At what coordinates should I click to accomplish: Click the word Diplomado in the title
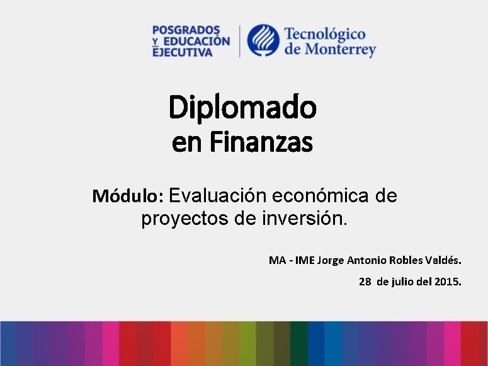(242, 108)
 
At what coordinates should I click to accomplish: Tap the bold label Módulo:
(128, 197)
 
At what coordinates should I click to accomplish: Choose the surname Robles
(408, 260)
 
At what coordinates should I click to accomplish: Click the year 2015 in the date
(448, 282)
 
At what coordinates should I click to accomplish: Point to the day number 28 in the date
(365, 282)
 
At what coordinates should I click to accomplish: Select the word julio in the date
(404, 282)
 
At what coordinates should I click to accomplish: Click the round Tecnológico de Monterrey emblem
(263, 41)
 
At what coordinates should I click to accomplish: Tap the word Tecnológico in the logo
(325, 34)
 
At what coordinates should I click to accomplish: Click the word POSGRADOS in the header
(186, 30)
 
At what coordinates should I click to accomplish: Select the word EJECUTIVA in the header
(183, 52)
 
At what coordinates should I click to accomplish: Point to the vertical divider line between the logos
(239, 42)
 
